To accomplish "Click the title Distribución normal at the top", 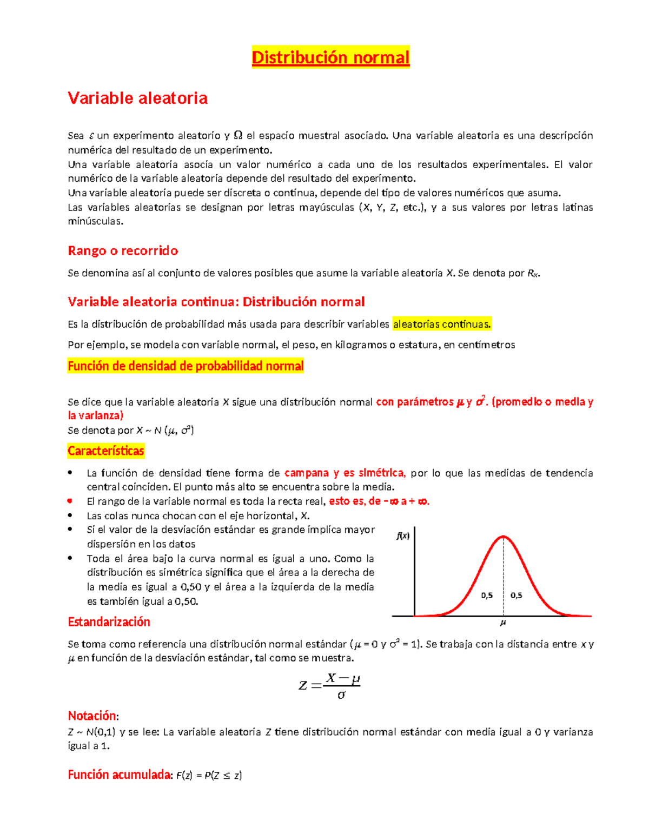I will pyautogui.click(x=330, y=57).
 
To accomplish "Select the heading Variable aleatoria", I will pyautogui.click(x=137, y=98).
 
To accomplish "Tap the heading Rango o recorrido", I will pyautogui.click(x=123, y=250).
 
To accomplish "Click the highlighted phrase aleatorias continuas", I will pyautogui.click(x=441, y=324).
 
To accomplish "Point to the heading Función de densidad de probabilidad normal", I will pyautogui.click(x=186, y=366).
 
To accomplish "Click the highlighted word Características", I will pyautogui.click(x=106, y=451).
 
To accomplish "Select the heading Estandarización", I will pyautogui.click(x=109, y=621).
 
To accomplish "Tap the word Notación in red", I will pyautogui.click(x=91, y=716).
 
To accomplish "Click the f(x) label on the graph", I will pyautogui.click(x=402, y=536).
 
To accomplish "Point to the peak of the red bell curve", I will pyautogui.click(x=503, y=537).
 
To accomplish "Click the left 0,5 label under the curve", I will pyautogui.click(x=487, y=595).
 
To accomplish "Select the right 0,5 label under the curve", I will pyautogui.click(x=516, y=595).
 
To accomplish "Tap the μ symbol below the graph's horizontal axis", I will pyautogui.click(x=503, y=623).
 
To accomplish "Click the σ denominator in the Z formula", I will pyautogui.click(x=341, y=695).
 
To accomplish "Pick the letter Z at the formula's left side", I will pyautogui.click(x=303, y=685).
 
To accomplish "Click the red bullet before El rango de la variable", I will pyautogui.click(x=70, y=501).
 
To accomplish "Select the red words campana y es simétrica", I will pyautogui.click(x=345, y=473).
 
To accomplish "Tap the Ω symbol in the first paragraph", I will pyautogui.click(x=238, y=135).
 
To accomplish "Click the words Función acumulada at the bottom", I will pyautogui.click(x=119, y=775).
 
